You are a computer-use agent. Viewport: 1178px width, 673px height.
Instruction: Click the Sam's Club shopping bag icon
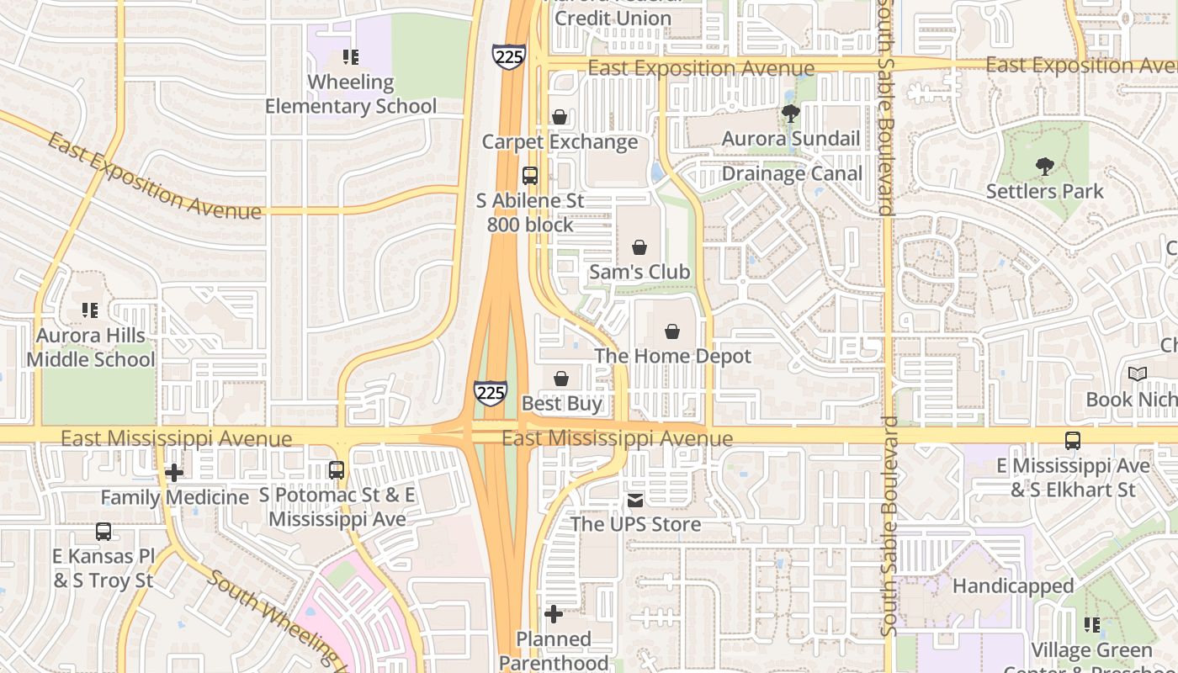(639, 247)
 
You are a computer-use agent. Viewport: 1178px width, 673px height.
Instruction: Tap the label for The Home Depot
(672, 356)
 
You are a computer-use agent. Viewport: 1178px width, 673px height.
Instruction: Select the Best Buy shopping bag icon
(561, 379)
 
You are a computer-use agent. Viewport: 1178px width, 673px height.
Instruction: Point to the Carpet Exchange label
(560, 142)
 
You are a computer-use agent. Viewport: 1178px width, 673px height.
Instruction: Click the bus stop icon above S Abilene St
(530, 176)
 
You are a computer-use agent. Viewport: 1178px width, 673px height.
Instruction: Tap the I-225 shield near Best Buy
(490, 393)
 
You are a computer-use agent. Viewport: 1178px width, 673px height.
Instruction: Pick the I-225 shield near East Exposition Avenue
(509, 56)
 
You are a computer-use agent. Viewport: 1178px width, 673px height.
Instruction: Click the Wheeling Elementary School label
(351, 93)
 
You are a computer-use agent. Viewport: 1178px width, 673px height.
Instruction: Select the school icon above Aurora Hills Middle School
(90, 310)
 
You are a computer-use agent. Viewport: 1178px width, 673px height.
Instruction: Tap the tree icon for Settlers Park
(1044, 167)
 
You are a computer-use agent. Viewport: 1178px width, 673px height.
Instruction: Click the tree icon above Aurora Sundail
(789, 114)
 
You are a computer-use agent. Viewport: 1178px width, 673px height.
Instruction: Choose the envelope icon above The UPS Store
(635, 501)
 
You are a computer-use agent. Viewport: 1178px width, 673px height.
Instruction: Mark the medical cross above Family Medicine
(174, 473)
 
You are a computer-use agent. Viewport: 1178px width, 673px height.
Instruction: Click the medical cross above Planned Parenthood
(553, 615)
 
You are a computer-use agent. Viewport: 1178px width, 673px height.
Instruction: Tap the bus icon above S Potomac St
(337, 470)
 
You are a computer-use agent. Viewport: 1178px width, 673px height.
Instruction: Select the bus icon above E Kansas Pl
(103, 532)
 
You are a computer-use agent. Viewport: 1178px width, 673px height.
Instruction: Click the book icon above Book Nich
(1137, 374)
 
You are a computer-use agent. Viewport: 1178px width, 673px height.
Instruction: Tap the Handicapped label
(1013, 586)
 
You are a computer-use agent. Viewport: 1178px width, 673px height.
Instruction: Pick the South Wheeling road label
(278, 623)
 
